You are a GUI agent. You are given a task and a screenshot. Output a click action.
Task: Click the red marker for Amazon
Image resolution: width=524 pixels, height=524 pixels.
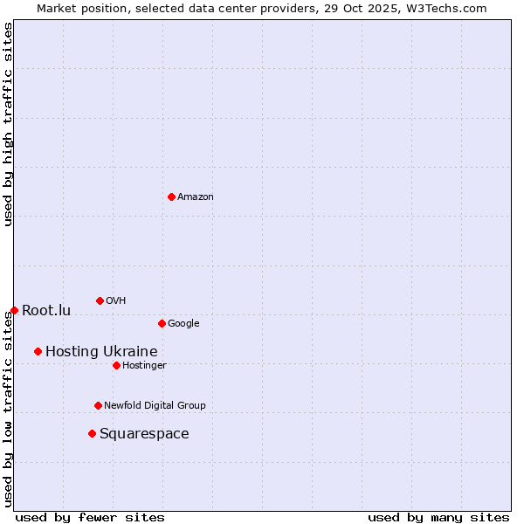[171, 196]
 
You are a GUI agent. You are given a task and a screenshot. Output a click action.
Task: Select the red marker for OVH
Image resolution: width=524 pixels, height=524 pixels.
[100, 300]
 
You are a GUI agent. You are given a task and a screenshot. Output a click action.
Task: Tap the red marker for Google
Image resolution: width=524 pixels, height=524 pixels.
[162, 323]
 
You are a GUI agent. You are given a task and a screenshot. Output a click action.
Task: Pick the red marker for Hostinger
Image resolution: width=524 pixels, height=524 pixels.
[116, 365]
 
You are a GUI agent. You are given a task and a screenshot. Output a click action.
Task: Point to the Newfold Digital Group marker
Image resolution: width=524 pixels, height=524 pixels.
[98, 405]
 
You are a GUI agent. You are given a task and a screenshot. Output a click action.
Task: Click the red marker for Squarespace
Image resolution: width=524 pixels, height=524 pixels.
[92, 433]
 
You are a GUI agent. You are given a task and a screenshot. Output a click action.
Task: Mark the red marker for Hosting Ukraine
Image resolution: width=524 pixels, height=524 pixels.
[38, 351]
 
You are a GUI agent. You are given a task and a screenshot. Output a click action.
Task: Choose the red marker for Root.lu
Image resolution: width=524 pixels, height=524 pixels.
[14, 310]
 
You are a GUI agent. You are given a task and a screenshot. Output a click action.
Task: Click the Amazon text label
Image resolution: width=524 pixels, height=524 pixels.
[196, 197]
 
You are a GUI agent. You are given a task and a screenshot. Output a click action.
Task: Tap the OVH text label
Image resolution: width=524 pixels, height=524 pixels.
[116, 301]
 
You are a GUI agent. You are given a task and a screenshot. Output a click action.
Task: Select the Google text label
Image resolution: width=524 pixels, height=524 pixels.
[183, 324]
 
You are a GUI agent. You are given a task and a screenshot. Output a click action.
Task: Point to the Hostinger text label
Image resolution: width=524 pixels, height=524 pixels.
[144, 366]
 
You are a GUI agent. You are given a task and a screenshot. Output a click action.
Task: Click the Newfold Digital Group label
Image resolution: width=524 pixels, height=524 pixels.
[155, 406]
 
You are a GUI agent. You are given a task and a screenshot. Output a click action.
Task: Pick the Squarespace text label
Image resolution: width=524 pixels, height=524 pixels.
[144, 434]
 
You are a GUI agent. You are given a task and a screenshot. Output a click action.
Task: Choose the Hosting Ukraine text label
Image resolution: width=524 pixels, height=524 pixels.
[101, 352]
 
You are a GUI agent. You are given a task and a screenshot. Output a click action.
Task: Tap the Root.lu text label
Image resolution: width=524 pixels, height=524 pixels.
[46, 311]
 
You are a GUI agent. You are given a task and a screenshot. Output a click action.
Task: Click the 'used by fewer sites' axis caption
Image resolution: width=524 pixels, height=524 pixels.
[90, 517]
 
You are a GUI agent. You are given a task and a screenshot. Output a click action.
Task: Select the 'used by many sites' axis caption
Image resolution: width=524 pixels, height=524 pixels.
[438, 517]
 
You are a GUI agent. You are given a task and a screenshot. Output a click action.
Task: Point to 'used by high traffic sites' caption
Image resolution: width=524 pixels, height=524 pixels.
[8, 124]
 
